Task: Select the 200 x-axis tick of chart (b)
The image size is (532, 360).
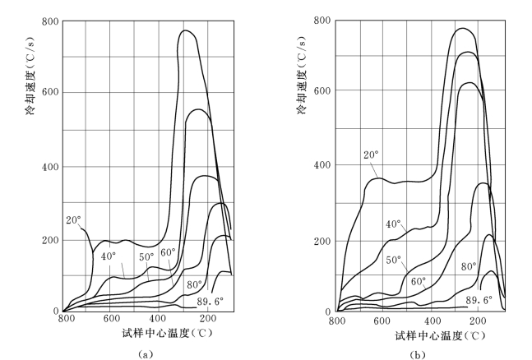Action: [477, 320]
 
